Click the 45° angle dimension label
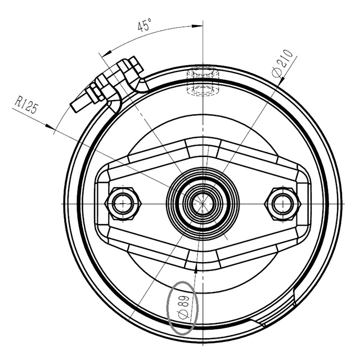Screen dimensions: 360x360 tap(145, 25)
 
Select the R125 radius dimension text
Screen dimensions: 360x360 tap(26, 105)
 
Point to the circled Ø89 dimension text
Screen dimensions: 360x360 tap(183, 305)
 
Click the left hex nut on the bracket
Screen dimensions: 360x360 tap(121, 203)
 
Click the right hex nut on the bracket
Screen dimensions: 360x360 tap(282, 203)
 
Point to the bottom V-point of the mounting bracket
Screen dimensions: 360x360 tap(201, 265)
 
